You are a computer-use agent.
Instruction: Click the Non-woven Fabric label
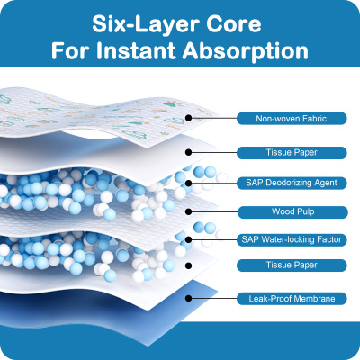pyautogui.click(x=292, y=119)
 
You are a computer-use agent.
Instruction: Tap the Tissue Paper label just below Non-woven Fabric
pyautogui.click(x=292, y=153)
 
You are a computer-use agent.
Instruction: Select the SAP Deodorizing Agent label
pyautogui.click(x=292, y=183)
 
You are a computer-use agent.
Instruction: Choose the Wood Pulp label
pyautogui.click(x=292, y=211)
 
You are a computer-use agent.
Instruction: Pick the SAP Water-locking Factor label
pyautogui.click(x=292, y=239)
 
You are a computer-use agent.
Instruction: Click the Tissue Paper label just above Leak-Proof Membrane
pyautogui.click(x=292, y=265)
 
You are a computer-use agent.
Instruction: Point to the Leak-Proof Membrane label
pyautogui.click(x=292, y=299)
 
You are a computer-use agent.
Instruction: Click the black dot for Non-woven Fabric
pyautogui.click(x=188, y=118)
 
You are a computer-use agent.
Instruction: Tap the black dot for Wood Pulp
pyautogui.click(x=188, y=211)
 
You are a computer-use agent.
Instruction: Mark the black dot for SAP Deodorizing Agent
pyautogui.click(x=188, y=183)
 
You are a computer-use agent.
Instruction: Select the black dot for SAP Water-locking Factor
pyautogui.click(x=188, y=239)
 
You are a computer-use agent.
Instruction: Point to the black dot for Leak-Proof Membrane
pyautogui.click(x=188, y=298)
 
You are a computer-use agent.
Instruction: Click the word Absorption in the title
pyautogui.click(x=245, y=52)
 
